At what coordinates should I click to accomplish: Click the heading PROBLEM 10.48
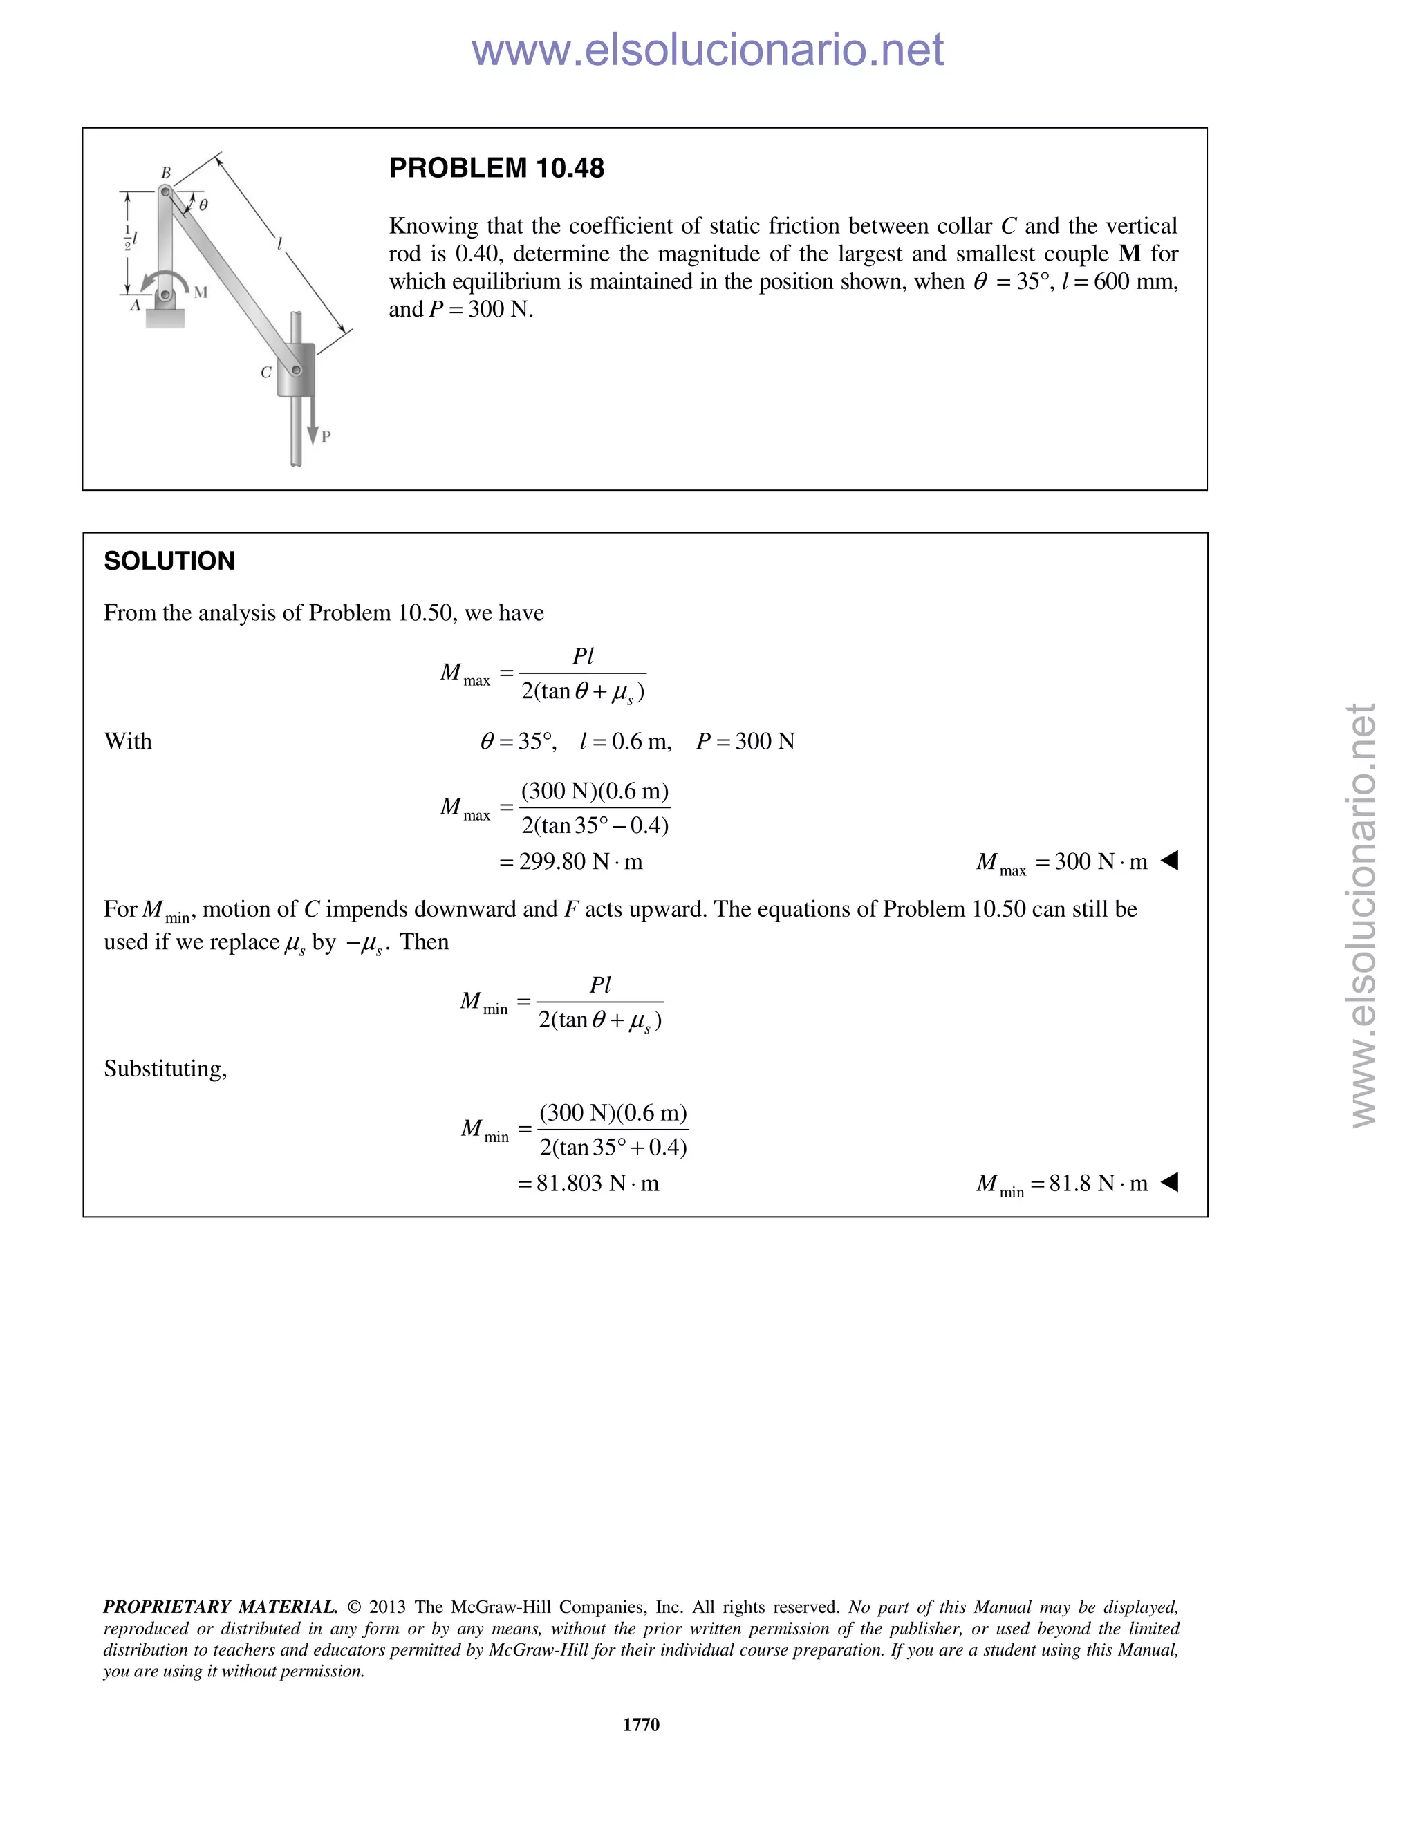(496, 169)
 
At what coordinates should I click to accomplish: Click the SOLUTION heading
(169, 561)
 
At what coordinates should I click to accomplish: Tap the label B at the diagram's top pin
(166, 173)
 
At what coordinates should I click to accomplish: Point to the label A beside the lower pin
(134, 306)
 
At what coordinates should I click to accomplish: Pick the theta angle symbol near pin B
(203, 204)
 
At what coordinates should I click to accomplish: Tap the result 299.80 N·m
(579, 861)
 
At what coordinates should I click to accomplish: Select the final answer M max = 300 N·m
(1062, 862)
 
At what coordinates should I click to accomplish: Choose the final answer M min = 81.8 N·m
(1062, 1184)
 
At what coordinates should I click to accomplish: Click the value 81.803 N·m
(597, 1184)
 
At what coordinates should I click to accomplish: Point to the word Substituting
(165, 1069)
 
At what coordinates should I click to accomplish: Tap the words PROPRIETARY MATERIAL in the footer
(220, 1607)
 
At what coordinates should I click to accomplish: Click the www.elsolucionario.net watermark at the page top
(707, 50)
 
